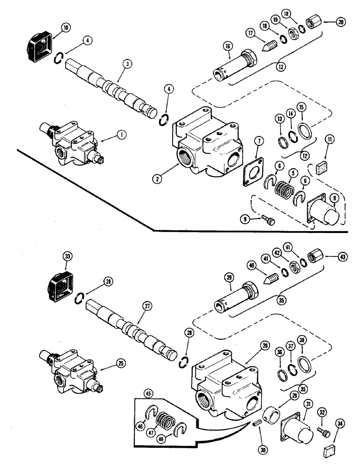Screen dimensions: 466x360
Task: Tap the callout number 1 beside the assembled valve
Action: point(121,135)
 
